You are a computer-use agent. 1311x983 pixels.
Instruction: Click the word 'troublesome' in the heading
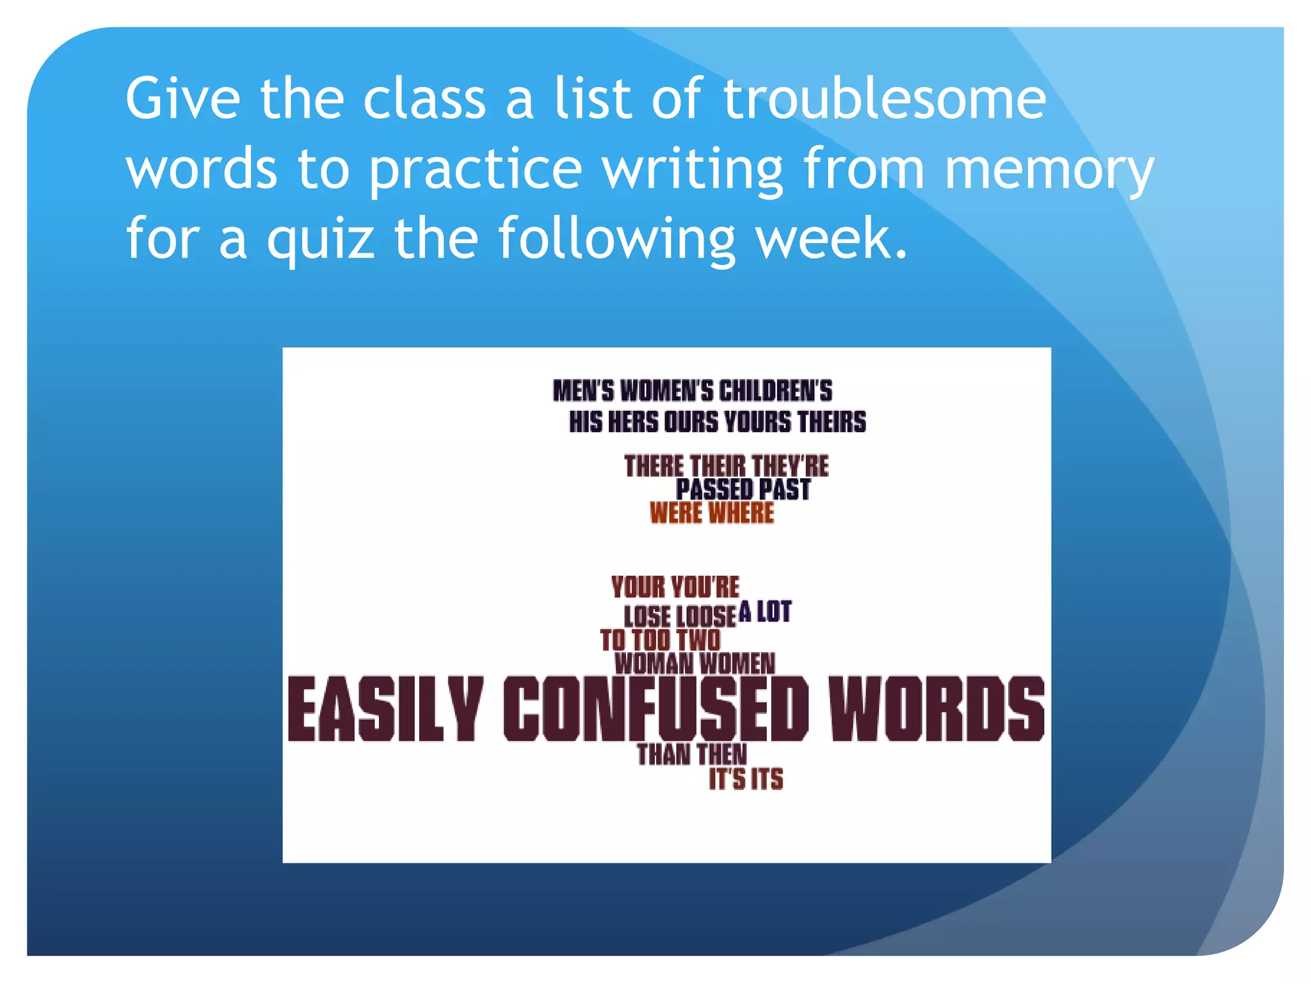(x=885, y=99)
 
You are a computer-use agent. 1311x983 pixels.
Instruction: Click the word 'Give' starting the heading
(x=183, y=99)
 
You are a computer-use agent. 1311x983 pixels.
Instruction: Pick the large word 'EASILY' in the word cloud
(x=385, y=708)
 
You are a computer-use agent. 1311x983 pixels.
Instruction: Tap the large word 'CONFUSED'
(x=656, y=708)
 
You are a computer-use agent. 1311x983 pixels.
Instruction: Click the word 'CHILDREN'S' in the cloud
(x=776, y=391)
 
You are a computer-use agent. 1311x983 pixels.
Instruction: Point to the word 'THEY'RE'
(x=791, y=466)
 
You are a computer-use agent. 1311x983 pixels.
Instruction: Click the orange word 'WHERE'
(x=742, y=513)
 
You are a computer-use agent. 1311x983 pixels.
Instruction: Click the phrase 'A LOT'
(x=765, y=612)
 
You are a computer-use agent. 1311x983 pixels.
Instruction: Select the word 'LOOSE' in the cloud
(x=707, y=616)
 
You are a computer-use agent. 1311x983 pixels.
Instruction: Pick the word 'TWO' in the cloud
(x=698, y=640)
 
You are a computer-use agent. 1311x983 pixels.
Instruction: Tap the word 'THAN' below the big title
(x=664, y=755)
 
